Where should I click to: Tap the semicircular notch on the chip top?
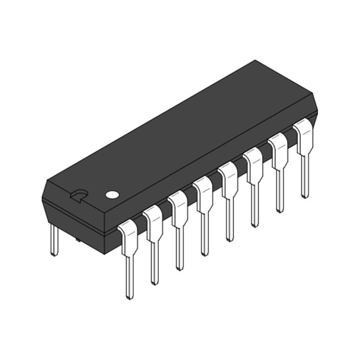[79, 195]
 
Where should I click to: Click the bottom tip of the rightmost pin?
[305, 196]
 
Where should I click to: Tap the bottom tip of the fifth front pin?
[229, 239]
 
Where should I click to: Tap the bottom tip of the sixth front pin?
[255, 225]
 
